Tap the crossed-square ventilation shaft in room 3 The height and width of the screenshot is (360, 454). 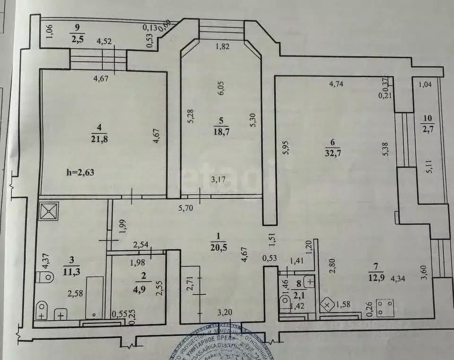click(x=49, y=212)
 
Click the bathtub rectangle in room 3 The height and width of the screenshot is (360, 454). click(x=94, y=297)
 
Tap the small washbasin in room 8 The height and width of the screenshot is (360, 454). click(x=309, y=283)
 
